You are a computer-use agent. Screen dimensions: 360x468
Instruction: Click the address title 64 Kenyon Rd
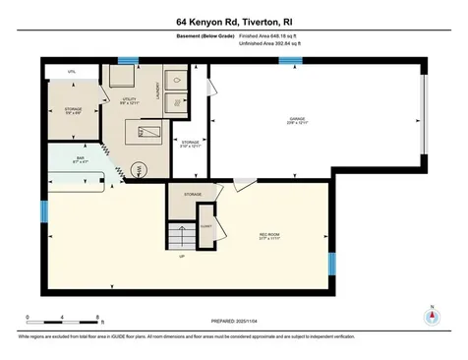233,21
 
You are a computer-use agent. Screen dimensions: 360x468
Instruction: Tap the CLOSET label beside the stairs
206,224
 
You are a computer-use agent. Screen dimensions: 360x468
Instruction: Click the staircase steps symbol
181,237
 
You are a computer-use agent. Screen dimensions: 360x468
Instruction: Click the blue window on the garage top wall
290,60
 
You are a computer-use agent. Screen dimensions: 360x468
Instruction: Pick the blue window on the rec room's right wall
331,263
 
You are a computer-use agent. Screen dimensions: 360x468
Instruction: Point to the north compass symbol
429,318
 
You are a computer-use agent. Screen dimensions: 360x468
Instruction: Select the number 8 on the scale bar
97,317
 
